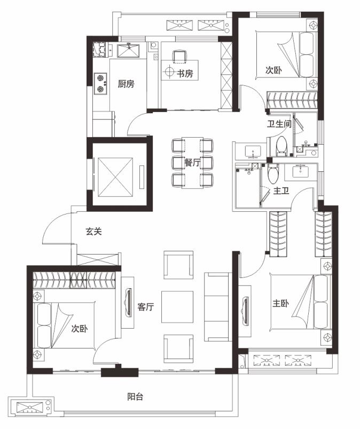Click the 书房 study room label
(185, 73)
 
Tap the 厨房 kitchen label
(126, 84)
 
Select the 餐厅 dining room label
(192, 163)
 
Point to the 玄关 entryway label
(93, 232)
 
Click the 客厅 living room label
(145, 307)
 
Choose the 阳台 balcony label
(135, 396)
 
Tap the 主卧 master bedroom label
(280, 304)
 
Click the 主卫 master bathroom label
(281, 190)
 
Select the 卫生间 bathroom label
(279, 124)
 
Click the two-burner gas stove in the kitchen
(100, 84)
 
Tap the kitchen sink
(128, 50)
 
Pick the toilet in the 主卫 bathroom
(272, 174)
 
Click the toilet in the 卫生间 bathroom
(281, 146)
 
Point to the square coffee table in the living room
(177, 307)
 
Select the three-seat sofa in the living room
(216, 307)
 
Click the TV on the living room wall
(128, 303)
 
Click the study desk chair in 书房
(179, 56)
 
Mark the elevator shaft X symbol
(115, 177)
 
